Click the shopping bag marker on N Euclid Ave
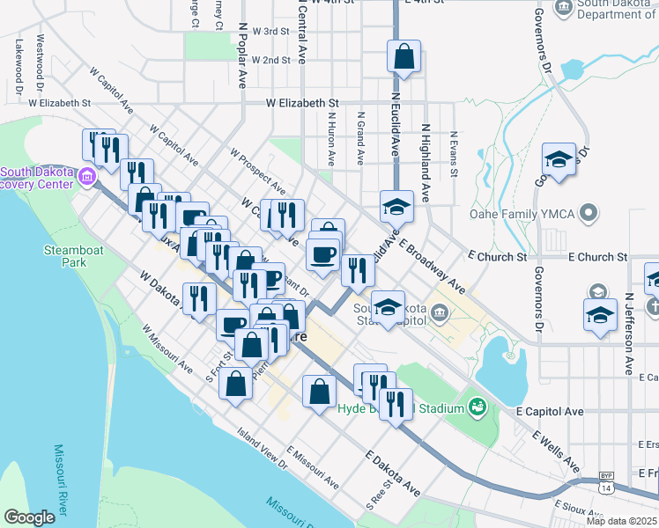click(x=403, y=57)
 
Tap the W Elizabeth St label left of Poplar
click(x=60, y=103)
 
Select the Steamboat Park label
click(x=67, y=256)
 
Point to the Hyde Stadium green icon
click(x=477, y=407)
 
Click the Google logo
click(x=30, y=517)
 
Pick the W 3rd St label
click(x=270, y=31)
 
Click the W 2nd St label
click(x=270, y=60)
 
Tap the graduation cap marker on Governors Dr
click(x=559, y=160)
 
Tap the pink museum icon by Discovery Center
click(x=87, y=177)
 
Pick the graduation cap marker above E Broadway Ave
click(x=396, y=208)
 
